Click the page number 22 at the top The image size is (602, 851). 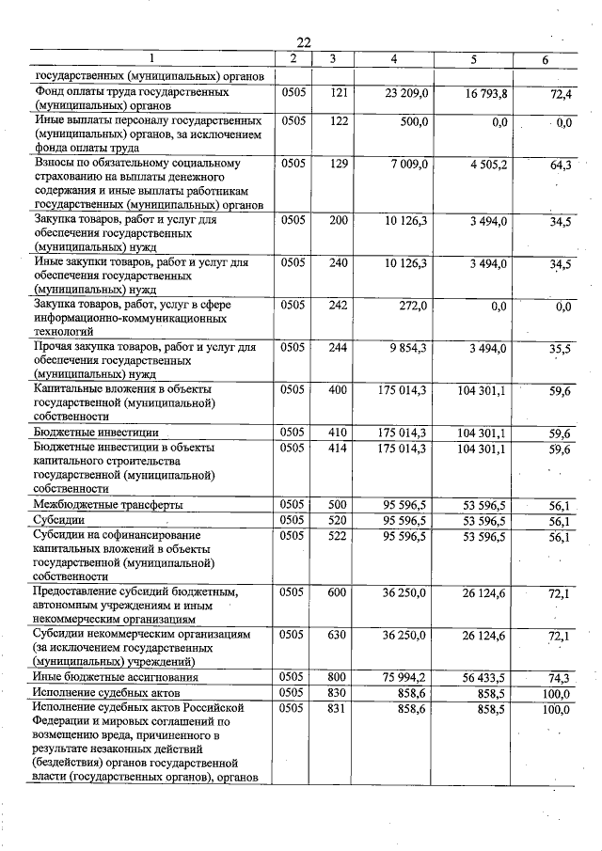tap(303, 42)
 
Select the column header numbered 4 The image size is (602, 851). tap(394, 60)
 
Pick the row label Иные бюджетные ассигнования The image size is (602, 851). tap(116, 677)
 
